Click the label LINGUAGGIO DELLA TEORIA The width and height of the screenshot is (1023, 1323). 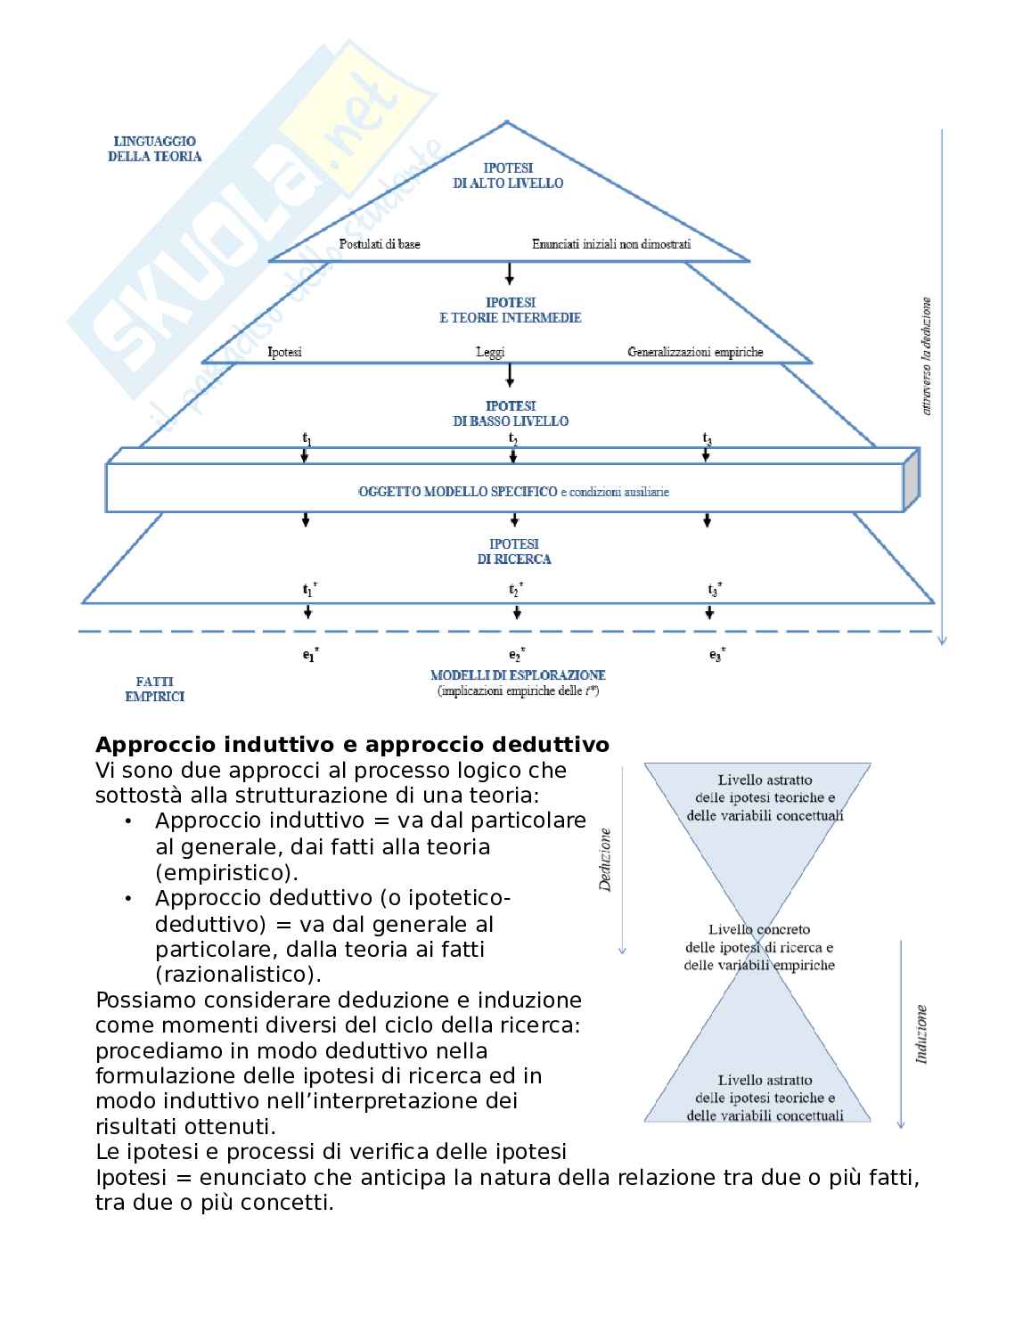pyautogui.click(x=155, y=149)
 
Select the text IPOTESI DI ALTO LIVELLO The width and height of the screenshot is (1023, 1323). pyautogui.click(x=508, y=176)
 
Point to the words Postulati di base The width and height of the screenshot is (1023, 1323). pyautogui.click(x=380, y=244)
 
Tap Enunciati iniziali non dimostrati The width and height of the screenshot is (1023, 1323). pyautogui.click(x=611, y=244)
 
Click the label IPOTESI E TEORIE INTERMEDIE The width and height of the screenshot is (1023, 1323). pyautogui.click(x=511, y=310)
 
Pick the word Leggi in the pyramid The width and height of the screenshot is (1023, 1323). pyautogui.click(x=490, y=352)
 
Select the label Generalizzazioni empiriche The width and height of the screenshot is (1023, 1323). pyautogui.click(x=695, y=352)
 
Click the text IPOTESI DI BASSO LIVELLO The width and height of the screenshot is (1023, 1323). pyautogui.click(x=511, y=413)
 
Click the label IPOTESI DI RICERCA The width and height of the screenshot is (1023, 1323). pyautogui.click(x=514, y=551)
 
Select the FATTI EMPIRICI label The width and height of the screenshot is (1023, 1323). pyautogui.click(x=155, y=690)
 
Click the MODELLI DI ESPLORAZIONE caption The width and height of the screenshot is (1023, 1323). pyautogui.click(x=518, y=675)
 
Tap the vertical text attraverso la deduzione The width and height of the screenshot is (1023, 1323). pyautogui.click(x=927, y=356)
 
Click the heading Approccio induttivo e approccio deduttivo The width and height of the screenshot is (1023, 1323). pyautogui.click(x=352, y=745)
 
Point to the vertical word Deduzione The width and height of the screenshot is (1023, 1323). pyautogui.click(x=606, y=860)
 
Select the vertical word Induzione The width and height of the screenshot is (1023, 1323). pyautogui.click(x=921, y=1034)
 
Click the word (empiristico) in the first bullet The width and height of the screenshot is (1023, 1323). pyautogui.click(x=226, y=872)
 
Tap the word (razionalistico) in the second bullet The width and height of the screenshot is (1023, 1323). pyautogui.click(x=238, y=975)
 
